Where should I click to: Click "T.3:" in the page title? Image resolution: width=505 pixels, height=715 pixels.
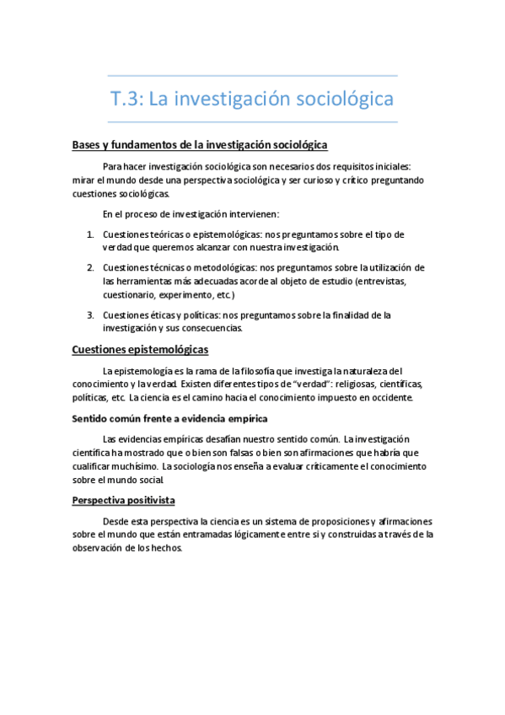[128, 99]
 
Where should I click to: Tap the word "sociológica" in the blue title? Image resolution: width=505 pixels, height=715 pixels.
[346, 99]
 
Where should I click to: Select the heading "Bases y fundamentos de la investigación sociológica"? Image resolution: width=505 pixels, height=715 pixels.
[199, 145]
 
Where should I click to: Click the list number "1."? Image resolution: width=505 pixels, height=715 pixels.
[91, 234]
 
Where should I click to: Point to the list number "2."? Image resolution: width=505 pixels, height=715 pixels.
[91, 267]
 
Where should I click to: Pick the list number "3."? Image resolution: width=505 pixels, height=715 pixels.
[91, 314]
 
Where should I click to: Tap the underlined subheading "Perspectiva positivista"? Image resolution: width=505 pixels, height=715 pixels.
[123, 500]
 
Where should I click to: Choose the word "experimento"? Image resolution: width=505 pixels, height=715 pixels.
[187, 295]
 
